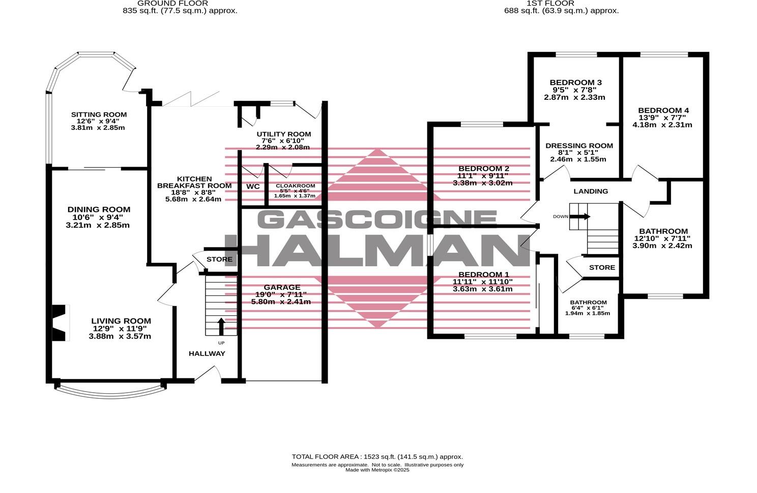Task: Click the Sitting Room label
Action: click(x=99, y=115)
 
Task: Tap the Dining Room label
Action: click(x=99, y=209)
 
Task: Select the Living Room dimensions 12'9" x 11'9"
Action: click(x=121, y=328)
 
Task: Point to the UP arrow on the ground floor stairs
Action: click(x=221, y=326)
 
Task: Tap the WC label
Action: click(x=253, y=186)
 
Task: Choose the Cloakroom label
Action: click(x=295, y=186)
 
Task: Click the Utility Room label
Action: click(x=283, y=134)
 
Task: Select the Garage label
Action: click(x=281, y=287)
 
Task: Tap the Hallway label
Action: click(x=207, y=353)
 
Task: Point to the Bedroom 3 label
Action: click(x=575, y=83)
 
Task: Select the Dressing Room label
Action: click(x=579, y=146)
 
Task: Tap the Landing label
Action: click(x=591, y=191)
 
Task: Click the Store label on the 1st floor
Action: click(x=602, y=267)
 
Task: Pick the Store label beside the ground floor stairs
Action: click(x=219, y=259)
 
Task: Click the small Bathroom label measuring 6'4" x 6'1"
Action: click(x=588, y=302)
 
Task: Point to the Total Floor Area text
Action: click(x=377, y=457)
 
